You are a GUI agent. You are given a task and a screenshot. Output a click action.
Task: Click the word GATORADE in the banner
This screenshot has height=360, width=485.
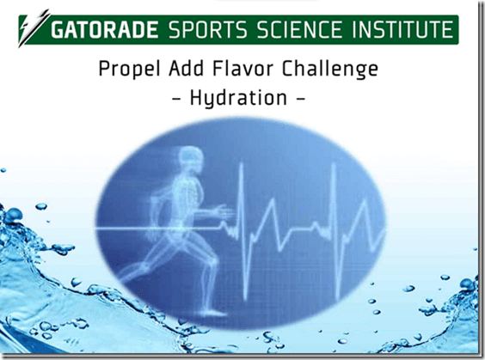(x=105, y=30)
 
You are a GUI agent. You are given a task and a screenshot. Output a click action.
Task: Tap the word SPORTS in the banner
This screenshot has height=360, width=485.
(x=208, y=30)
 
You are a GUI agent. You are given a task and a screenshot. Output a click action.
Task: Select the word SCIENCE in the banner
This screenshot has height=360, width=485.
(x=299, y=30)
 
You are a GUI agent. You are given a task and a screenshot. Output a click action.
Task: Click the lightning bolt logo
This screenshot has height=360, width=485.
(x=34, y=28)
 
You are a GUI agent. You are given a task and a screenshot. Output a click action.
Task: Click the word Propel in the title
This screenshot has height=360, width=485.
(x=130, y=70)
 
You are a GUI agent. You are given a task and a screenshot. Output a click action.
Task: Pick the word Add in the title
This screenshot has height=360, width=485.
(x=187, y=68)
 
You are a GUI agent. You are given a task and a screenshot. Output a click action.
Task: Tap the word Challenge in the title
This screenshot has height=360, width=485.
(x=329, y=70)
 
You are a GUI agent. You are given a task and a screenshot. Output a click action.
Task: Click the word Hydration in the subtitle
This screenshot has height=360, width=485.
(x=238, y=98)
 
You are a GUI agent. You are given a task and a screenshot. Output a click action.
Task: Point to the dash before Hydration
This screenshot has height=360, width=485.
(x=176, y=99)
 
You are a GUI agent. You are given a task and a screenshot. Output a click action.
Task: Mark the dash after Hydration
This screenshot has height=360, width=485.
(x=301, y=99)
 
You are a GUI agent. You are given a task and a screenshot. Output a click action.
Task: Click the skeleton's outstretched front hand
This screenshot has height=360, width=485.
(x=225, y=211)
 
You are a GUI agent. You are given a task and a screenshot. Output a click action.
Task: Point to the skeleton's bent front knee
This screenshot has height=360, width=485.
(x=212, y=259)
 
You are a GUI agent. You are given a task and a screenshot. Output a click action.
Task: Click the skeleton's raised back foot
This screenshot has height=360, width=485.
(x=126, y=274)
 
